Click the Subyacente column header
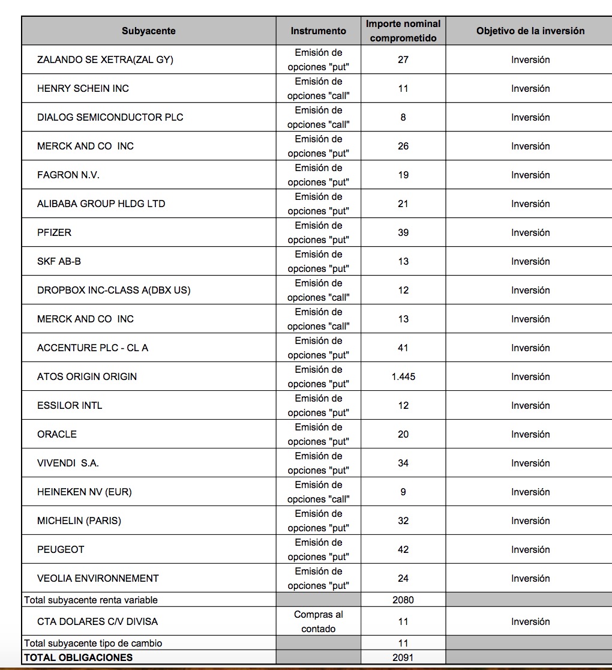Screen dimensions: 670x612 pyautogui.click(x=148, y=31)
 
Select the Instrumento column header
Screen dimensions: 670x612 pyautogui.click(x=318, y=31)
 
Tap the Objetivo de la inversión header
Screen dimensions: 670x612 pyautogui.click(x=530, y=31)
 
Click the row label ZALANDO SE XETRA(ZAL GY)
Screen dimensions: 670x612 pyautogui.click(x=105, y=59)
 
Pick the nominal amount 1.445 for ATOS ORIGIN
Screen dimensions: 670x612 pyautogui.click(x=403, y=376)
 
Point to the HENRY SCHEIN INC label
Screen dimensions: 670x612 pyautogui.click(x=83, y=88)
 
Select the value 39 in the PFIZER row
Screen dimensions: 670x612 pyautogui.click(x=403, y=232)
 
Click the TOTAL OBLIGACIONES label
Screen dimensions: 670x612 pyautogui.click(x=78, y=657)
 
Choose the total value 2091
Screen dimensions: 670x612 pyautogui.click(x=403, y=657)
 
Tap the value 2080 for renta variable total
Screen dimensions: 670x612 pyautogui.click(x=403, y=599)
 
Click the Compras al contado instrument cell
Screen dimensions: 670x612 pyautogui.click(x=318, y=621)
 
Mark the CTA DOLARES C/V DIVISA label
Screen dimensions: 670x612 pyautogui.click(x=97, y=621)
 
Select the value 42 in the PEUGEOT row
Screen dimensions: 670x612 pyautogui.click(x=403, y=549)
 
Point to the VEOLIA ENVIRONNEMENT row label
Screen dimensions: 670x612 pyautogui.click(x=98, y=578)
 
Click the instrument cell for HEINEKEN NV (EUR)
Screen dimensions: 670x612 pyautogui.click(x=318, y=492)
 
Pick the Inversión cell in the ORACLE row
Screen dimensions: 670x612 pyautogui.click(x=530, y=434)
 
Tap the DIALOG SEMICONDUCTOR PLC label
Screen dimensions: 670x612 pyautogui.click(x=110, y=117)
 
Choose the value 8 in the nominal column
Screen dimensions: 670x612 pyautogui.click(x=403, y=117)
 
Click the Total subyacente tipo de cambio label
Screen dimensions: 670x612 pyautogui.click(x=93, y=643)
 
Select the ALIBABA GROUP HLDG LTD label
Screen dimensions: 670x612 pyautogui.click(x=101, y=204)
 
